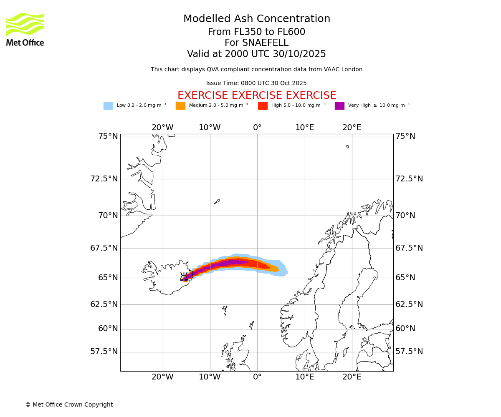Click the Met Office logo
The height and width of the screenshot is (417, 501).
25,29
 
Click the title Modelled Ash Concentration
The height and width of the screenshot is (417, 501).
257,19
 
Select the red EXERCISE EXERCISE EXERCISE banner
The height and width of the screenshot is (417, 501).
257,95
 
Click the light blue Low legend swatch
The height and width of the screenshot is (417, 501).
108,106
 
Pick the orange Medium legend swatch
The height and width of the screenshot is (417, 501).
180,106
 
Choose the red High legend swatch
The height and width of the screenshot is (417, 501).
263,106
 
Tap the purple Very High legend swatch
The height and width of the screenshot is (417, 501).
339,106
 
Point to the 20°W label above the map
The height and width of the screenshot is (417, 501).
162,128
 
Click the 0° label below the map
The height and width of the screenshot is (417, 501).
257,377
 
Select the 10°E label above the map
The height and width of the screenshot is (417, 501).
305,128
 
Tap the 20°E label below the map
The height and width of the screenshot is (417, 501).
352,377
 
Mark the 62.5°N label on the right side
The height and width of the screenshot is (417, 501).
409,304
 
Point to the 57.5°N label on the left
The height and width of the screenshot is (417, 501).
104,352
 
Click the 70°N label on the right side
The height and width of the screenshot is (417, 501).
405,216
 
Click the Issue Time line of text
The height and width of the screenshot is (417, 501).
256,83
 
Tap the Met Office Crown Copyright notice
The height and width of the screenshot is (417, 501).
69,404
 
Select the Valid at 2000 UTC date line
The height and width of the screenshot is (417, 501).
256,54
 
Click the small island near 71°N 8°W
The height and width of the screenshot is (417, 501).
217,201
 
